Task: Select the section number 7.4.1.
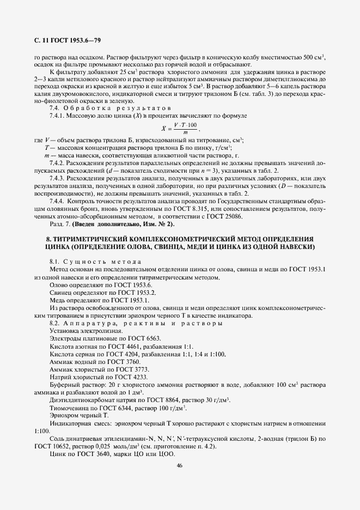(x=58, y=116)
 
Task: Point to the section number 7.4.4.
(x=58, y=201)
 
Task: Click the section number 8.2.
(x=56, y=323)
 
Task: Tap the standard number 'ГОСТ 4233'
(x=115, y=377)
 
